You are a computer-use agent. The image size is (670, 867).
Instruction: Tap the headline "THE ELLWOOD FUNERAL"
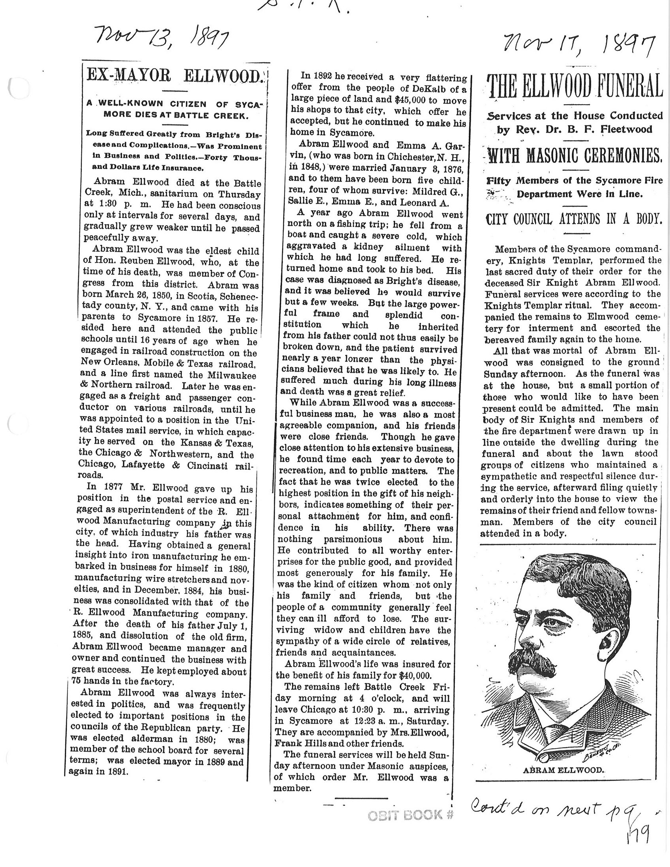pos(576,86)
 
